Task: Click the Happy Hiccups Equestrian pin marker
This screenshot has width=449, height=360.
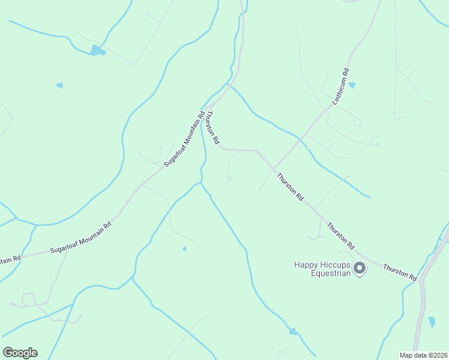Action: [360, 268]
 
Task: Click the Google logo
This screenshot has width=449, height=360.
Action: [20, 353]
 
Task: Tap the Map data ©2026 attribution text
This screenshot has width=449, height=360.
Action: [423, 355]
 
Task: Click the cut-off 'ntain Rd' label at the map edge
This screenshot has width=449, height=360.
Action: [10, 259]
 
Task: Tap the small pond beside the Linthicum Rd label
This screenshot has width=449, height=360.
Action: [352, 86]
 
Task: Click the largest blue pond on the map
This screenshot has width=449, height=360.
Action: [97, 50]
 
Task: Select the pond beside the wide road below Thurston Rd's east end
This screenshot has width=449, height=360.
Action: [432, 322]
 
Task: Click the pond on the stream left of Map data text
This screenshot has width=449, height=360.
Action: [293, 331]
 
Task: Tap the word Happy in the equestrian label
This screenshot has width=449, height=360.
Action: [306, 264]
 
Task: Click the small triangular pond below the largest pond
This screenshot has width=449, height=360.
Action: [59, 85]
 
